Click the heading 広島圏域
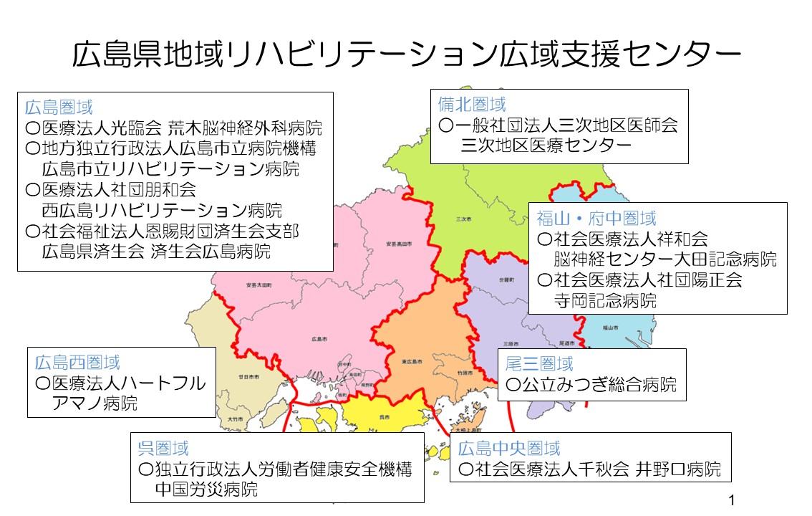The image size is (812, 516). [x=59, y=108]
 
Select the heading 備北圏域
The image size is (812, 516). [x=472, y=105]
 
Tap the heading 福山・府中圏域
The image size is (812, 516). [x=596, y=218]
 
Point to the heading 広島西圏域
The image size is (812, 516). [x=77, y=363]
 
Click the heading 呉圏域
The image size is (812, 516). [x=163, y=449]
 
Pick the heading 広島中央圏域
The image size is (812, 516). [x=509, y=449]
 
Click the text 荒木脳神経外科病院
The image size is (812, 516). [x=245, y=129]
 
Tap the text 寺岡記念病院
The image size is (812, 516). [x=605, y=300]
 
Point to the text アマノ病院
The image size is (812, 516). [x=95, y=403]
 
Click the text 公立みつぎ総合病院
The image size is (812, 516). [x=599, y=386]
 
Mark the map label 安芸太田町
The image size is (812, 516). [x=258, y=285]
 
